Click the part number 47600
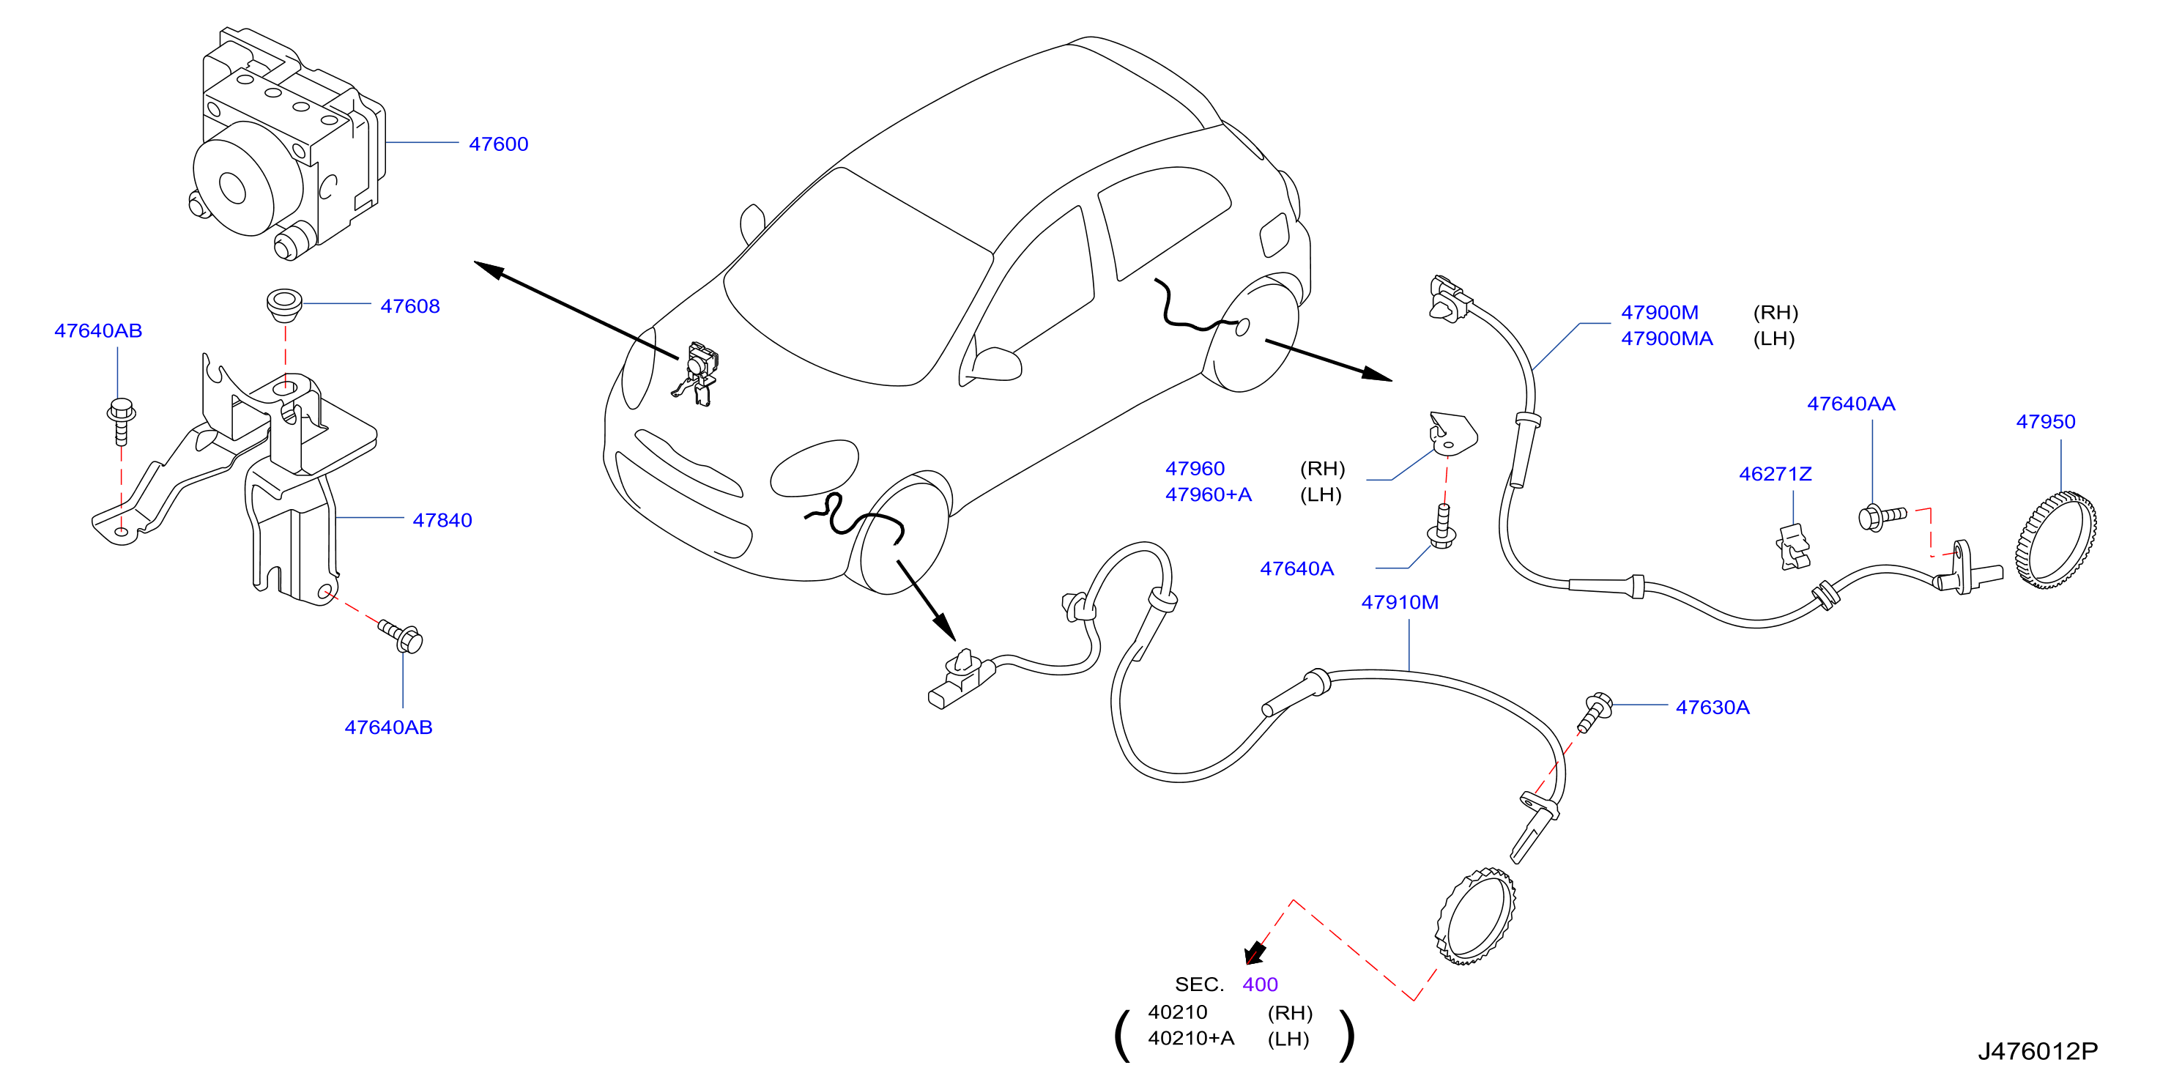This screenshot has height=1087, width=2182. (498, 144)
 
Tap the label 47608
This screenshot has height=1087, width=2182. (410, 306)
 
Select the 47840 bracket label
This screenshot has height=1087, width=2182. (442, 520)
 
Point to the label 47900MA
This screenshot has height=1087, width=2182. (1666, 338)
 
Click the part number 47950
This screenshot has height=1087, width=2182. (2045, 421)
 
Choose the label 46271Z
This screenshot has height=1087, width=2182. (1775, 474)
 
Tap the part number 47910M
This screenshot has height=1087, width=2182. (1399, 601)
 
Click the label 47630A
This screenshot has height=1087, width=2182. (1712, 707)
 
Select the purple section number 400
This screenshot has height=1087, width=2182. (1260, 984)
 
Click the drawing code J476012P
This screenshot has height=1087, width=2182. (2037, 1050)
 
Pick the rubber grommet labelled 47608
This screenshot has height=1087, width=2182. (283, 305)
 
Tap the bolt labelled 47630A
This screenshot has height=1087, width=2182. (1593, 712)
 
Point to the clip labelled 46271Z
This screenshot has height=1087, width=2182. (1792, 546)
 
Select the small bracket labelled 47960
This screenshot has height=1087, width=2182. (1452, 432)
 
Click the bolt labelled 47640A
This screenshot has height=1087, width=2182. (1441, 527)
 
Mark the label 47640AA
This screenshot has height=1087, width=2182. (1851, 404)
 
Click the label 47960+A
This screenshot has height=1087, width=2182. (1208, 494)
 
